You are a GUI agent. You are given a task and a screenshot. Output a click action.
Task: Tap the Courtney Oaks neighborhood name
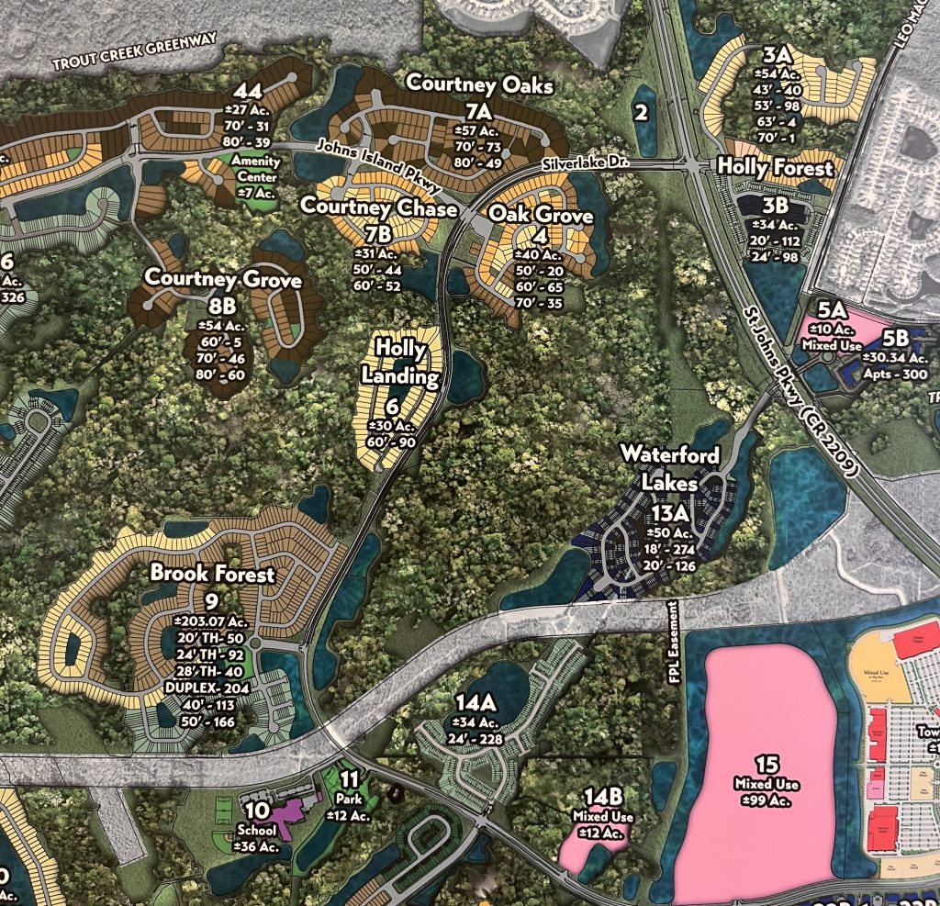pos(480,84)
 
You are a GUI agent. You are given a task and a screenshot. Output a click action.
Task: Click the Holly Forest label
pos(776,168)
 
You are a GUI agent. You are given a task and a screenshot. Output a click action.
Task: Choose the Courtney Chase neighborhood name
pos(379,208)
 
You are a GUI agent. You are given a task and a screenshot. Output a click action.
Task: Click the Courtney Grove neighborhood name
pos(223,278)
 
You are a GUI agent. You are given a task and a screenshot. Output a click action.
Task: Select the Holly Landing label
pos(400,362)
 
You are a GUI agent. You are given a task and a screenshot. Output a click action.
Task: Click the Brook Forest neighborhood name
pos(212,574)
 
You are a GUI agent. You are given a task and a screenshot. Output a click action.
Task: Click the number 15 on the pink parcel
pos(767,765)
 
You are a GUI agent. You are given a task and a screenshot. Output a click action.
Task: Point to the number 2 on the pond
pos(641,113)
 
